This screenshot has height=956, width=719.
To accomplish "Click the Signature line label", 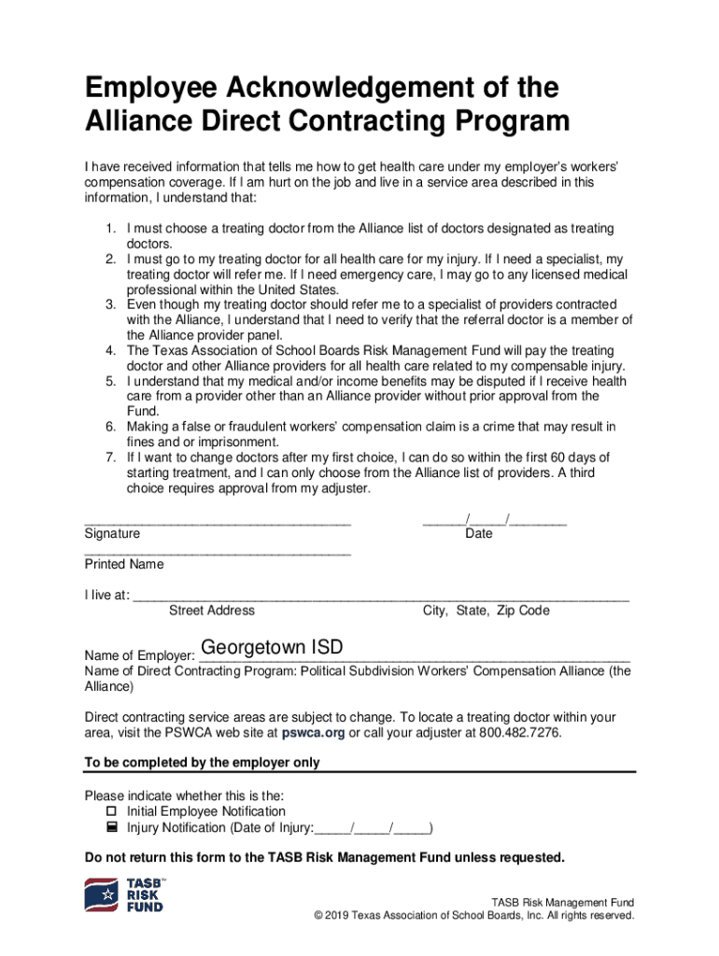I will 112,534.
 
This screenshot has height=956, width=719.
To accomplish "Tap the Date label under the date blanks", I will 479,534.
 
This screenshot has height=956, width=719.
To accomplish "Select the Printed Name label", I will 124,564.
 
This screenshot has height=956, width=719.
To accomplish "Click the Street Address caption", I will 211,611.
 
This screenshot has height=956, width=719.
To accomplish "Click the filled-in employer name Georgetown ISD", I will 272,647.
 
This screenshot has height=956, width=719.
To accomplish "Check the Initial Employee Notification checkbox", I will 111,812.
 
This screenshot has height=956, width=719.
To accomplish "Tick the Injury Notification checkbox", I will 111,827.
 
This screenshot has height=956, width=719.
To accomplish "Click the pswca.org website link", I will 313,733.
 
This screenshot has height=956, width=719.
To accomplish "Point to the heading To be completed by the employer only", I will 202,763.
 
